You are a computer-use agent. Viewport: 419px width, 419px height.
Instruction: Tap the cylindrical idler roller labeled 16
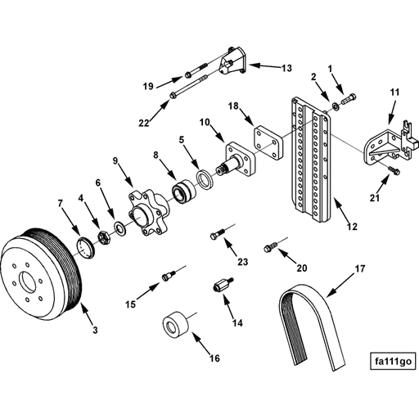tap(174, 326)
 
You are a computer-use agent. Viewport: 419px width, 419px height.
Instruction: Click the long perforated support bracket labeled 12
tap(310, 160)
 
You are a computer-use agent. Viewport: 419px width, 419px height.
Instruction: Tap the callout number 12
tap(351, 227)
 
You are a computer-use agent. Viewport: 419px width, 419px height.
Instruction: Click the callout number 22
tap(144, 123)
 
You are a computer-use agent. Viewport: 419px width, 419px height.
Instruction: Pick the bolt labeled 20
tap(271, 245)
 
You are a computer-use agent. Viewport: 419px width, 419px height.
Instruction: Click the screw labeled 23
tap(217, 234)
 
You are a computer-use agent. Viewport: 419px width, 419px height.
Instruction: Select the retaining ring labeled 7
tap(85, 246)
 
